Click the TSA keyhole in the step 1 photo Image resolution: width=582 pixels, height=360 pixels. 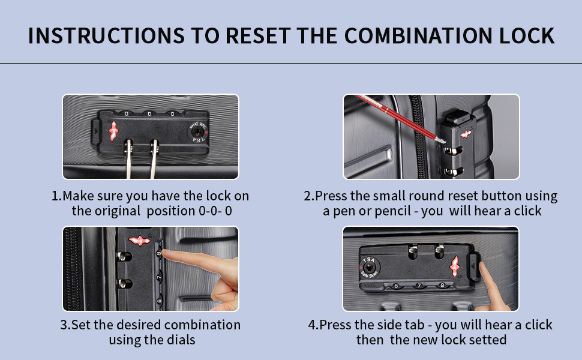coord(196,131)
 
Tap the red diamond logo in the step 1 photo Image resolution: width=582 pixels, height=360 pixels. coord(113,129)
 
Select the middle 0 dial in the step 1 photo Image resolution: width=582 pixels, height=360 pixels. coord(149,113)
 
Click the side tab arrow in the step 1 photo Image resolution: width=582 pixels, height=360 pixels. coord(95,128)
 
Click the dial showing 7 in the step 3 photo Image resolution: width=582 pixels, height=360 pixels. coord(159,278)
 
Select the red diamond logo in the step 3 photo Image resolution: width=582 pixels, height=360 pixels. coord(139,241)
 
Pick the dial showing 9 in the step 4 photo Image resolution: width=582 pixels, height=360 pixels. coord(442,286)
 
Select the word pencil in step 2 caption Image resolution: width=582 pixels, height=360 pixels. coord(401,211)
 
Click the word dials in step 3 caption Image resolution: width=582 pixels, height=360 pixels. coord(180,340)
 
